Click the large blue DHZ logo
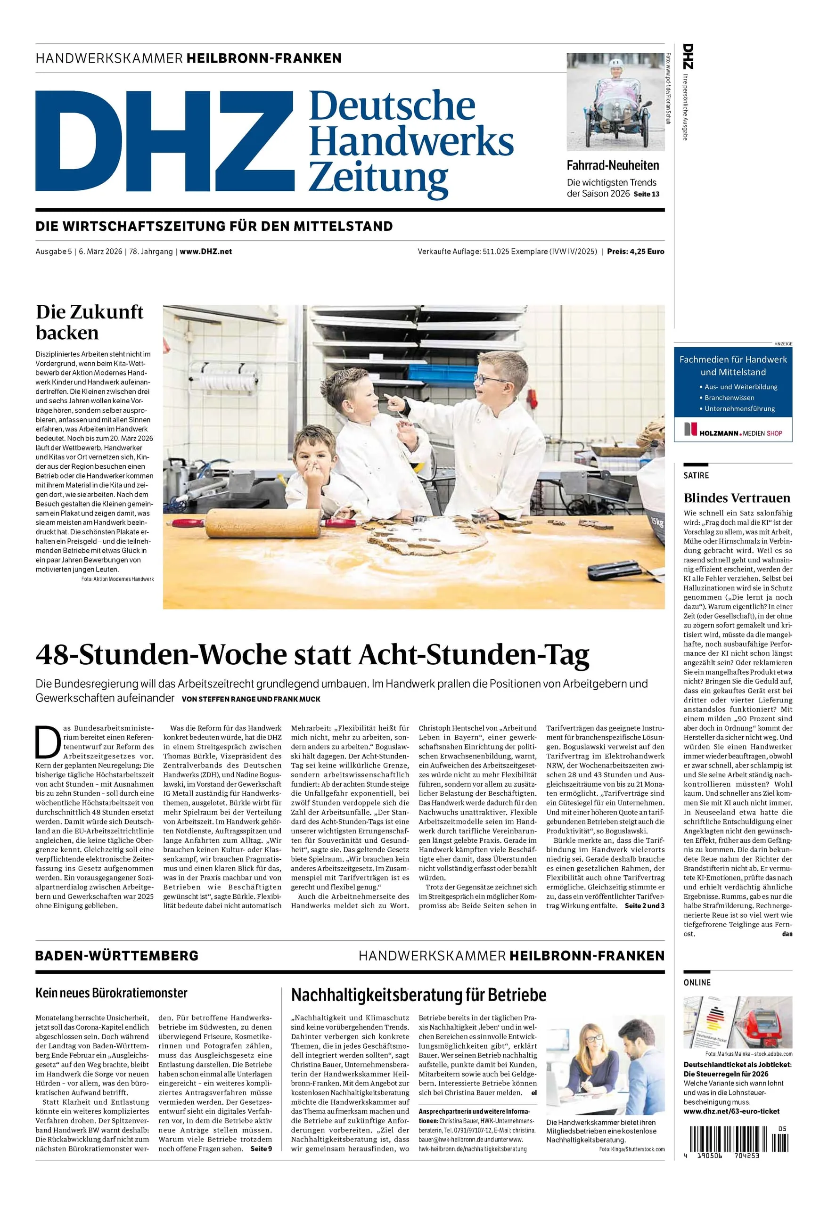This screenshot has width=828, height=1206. (x=164, y=141)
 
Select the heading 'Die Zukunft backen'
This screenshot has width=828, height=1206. (x=89, y=322)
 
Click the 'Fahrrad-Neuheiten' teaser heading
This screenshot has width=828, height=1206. (x=613, y=165)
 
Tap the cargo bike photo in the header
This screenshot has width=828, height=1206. (x=615, y=102)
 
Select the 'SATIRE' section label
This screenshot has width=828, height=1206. (x=696, y=475)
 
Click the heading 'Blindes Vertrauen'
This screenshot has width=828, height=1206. (x=737, y=498)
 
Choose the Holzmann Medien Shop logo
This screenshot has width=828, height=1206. (x=732, y=430)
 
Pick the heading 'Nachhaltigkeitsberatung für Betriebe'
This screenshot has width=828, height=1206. (x=418, y=995)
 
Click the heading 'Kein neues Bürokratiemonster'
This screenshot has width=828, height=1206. (x=111, y=993)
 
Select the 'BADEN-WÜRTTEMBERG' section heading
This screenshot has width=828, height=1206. (x=117, y=956)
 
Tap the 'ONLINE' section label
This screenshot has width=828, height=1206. (x=697, y=983)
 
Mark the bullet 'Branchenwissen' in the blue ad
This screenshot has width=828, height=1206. (x=729, y=398)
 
